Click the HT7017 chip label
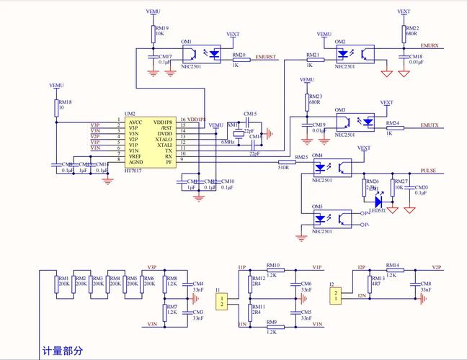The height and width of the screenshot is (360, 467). [133, 170]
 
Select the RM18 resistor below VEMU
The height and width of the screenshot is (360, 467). [57, 108]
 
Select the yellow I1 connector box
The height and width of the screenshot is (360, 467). [223, 301]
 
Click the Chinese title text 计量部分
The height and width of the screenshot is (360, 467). [63, 351]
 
